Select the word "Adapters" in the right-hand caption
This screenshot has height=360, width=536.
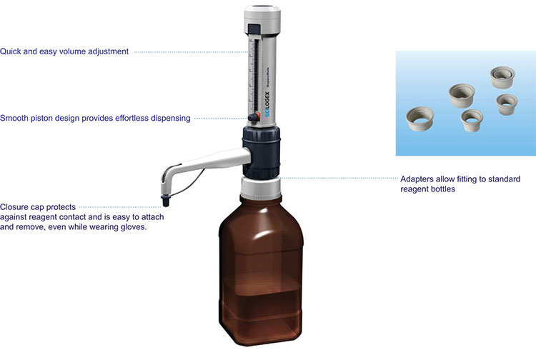[x=418, y=179]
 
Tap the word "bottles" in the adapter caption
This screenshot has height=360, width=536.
[x=441, y=189]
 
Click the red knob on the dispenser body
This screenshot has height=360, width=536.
[x=252, y=118]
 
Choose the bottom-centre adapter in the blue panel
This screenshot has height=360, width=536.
[x=472, y=119]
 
